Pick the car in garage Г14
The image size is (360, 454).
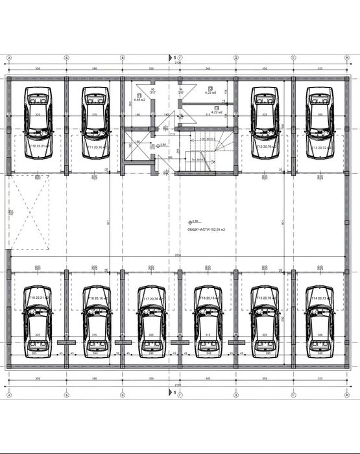pos(318,318)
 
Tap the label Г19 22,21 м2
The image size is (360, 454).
pos(38,298)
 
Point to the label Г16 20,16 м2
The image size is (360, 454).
pos(207,298)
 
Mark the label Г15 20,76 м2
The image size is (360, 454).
pos(263,298)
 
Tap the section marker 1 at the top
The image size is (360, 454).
pos(173,58)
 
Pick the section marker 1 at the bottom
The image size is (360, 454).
pos(173,392)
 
